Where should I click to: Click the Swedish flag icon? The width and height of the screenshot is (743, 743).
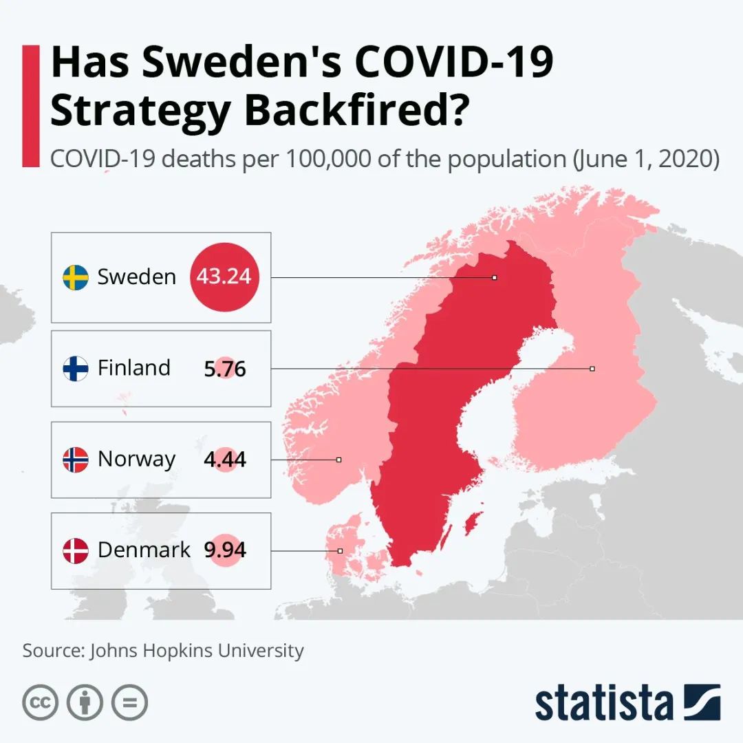click(x=76, y=277)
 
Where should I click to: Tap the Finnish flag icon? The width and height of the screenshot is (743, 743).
click(x=76, y=368)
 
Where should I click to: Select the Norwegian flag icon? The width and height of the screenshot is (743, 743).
click(x=76, y=459)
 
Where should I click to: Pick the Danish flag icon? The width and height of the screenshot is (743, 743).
click(x=76, y=550)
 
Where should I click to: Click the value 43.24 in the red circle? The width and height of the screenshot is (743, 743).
click(x=224, y=277)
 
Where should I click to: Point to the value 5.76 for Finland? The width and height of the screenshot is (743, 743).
click(x=225, y=369)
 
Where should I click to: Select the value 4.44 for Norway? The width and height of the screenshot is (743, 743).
click(x=225, y=460)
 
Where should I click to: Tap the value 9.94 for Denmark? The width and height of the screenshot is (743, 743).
click(x=225, y=550)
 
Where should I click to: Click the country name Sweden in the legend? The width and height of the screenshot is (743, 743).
click(x=137, y=277)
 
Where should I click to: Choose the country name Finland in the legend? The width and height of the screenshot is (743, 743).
click(x=134, y=368)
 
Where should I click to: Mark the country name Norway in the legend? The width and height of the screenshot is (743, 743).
click(x=137, y=459)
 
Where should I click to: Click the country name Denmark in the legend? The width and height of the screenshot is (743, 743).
click(x=144, y=550)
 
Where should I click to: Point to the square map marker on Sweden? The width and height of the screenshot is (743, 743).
click(x=494, y=278)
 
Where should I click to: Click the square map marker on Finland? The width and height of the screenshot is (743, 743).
click(x=592, y=369)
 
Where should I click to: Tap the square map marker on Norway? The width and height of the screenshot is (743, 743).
click(x=339, y=460)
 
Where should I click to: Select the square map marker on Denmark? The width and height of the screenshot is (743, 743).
click(x=340, y=551)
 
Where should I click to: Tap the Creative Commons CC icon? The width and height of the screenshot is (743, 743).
click(x=40, y=702)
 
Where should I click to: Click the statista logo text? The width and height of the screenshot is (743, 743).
click(x=604, y=703)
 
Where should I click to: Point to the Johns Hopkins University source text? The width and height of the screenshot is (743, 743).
click(x=196, y=650)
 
